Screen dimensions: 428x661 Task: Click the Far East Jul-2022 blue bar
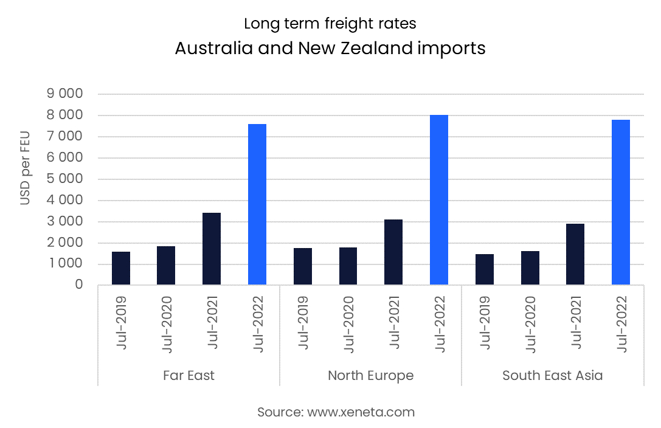click(257, 204)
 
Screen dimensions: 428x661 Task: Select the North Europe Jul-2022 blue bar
click(439, 200)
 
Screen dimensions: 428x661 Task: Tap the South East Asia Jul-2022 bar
click(621, 202)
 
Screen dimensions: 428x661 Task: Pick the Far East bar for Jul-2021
click(212, 249)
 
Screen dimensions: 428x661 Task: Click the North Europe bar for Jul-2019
click(303, 266)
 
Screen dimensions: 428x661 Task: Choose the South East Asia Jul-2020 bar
click(530, 268)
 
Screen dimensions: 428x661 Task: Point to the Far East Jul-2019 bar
click(121, 268)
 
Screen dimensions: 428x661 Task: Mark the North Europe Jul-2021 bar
click(393, 252)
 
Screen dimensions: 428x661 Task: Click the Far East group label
click(189, 375)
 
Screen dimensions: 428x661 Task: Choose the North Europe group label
click(370, 375)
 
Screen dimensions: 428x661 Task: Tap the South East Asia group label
click(552, 375)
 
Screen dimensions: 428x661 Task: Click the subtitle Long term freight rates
click(330, 24)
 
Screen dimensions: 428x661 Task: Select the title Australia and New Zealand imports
click(330, 48)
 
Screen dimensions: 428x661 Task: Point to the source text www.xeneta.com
click(336, 412)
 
